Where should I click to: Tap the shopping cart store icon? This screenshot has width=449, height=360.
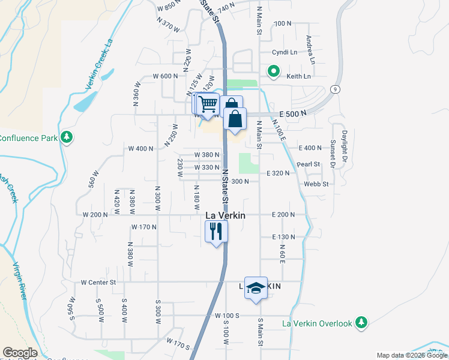pyautogui.click(x=208, y=103)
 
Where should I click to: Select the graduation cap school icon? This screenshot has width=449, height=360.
pyautogui.click(x=256, y=289)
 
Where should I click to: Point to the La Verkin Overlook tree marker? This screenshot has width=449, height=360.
pyautogui.click(x=361, y=323)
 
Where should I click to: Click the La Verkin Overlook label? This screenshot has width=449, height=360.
pyautogui.click(x=317, y=323)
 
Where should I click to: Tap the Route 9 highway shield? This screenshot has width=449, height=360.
pyautogui.click(x=335, y=89)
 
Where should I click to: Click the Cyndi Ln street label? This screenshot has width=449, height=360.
pyautogui.click(x=285, y=52)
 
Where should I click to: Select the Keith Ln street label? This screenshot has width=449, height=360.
pyautogui.click(x=298, y=76)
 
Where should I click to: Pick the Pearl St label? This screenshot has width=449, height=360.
pyautogui.click(x=308, y=164)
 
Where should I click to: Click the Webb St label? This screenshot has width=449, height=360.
pyautogui.click(x=316, y=184)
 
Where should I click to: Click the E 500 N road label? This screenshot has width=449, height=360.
pyautogui.click(x=293, y=113)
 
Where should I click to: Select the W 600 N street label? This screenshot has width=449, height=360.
pyautogui.click(x=166, y=76)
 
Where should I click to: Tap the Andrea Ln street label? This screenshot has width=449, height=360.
pyautogui.click(x=310, y=49)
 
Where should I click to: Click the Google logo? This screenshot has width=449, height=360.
pyautogui.click(x=20, y=353)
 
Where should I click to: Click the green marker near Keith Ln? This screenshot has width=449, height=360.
pyautogui.click(x=274, y=71)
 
